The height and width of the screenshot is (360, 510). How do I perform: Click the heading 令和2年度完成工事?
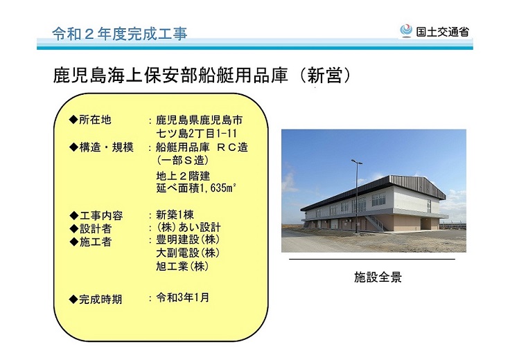[120, 34]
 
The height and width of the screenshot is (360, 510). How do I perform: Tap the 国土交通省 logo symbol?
[406, 31]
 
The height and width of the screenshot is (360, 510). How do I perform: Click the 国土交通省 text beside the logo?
[443, 32]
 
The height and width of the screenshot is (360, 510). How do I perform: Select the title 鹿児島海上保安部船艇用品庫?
[170, 75]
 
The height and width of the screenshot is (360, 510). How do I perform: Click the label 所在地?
[95, 120]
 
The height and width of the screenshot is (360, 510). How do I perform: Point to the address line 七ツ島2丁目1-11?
[197, 133]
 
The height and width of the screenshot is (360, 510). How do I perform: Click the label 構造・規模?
[106, 147]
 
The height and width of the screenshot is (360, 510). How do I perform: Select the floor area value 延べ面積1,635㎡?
[196, 188]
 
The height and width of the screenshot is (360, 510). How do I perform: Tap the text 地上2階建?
[183, 176]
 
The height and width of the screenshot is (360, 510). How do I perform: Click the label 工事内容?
[101, 216]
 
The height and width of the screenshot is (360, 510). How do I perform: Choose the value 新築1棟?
[175, 215]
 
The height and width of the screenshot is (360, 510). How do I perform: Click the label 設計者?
[96, 228]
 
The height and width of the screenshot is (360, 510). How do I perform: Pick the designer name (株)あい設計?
[188, 227]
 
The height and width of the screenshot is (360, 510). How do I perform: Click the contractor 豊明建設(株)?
[188, 240]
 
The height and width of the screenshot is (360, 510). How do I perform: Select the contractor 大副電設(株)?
[188, 253]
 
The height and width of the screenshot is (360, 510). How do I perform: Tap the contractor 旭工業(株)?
[182, 267]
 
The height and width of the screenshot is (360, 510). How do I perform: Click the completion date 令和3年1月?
[182, 298]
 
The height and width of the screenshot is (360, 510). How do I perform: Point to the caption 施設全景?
[378, 277]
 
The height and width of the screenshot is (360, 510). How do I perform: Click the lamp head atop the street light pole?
[356, 161]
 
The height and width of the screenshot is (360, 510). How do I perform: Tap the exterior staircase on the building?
[375, 222]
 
